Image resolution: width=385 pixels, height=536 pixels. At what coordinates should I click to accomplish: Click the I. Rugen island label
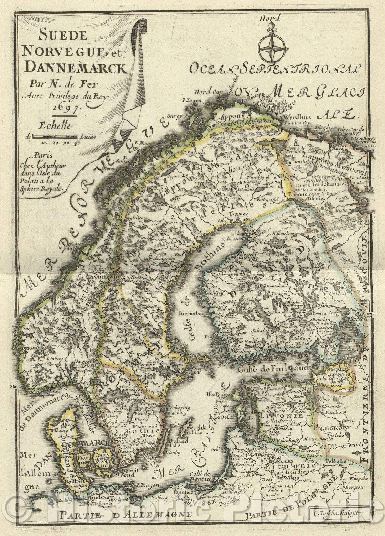pyautogui.click(x=145, y=485)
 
